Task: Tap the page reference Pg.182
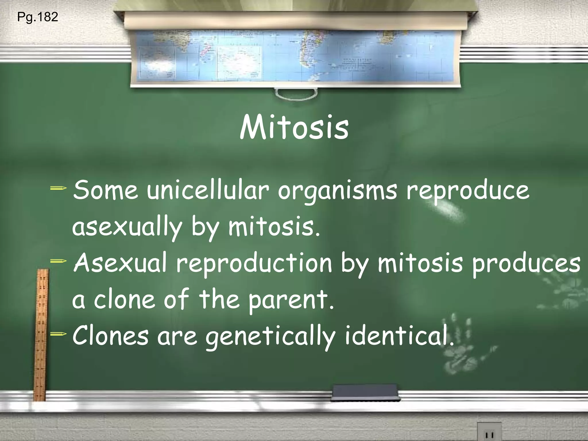coord(38,17)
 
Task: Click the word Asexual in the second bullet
coord(120,263)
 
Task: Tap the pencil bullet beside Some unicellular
coord(58,188)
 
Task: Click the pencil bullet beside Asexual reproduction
coord(58,261)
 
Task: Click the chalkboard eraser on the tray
coord(365,393)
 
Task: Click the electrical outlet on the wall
coord(489,432)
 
